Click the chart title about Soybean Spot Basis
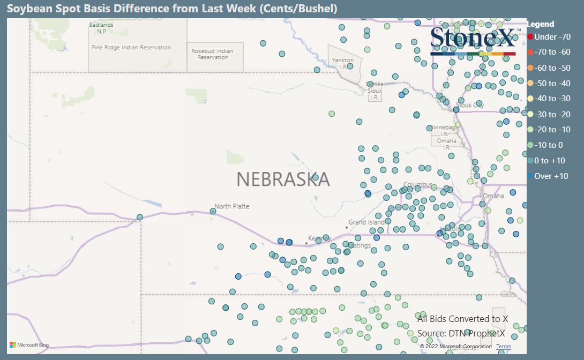tap(172, 9)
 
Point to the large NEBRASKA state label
tap(283, 179)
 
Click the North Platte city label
tap(232, 206)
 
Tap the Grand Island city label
tap(366, 222)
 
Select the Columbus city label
tap(417, 185)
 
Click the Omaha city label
tap(493, 196)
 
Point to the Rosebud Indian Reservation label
tap(213, 54)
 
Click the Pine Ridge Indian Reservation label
tap(131, 47)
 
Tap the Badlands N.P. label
tap(101, 28)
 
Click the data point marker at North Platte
tap(213, 211)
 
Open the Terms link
tap(503, 347)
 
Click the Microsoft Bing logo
tap(29, 345)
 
